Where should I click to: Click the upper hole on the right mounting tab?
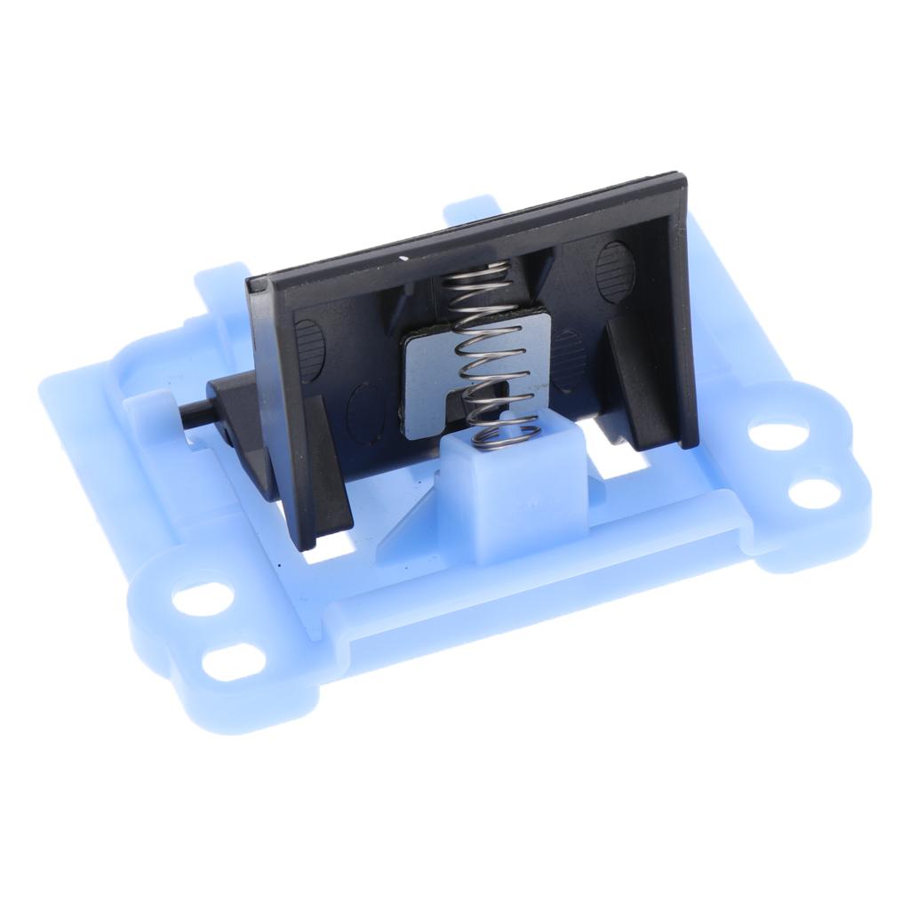(770, 434)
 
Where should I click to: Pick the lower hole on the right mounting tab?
(812, 491)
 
